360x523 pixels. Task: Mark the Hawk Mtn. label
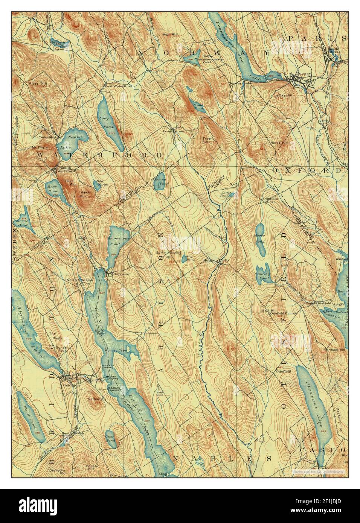coord(84,194)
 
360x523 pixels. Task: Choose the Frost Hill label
coord(206,140)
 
